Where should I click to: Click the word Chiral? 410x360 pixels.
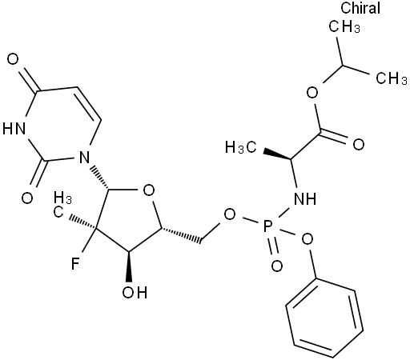360,7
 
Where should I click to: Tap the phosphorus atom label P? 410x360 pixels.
267,226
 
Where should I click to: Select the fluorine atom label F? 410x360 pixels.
75,263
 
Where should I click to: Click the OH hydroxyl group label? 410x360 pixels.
135,292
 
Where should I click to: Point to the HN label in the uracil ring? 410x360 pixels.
14,129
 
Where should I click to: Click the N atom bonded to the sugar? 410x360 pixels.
84,158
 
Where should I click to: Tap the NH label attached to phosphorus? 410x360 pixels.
305,198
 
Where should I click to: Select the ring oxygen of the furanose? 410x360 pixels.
149,190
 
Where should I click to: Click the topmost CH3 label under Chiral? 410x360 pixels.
344,26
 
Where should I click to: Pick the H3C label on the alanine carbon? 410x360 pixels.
241,147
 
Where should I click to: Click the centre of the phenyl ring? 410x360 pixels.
324,318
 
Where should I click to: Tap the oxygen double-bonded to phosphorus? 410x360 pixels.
277,266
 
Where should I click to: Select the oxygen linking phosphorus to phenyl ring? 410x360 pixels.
307,239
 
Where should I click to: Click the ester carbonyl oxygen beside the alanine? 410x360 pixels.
359,144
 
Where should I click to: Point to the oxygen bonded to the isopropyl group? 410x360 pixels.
312,93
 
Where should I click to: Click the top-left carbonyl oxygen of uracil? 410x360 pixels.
13,59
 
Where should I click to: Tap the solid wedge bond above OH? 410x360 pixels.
129,266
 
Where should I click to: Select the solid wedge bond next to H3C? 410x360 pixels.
277,154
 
